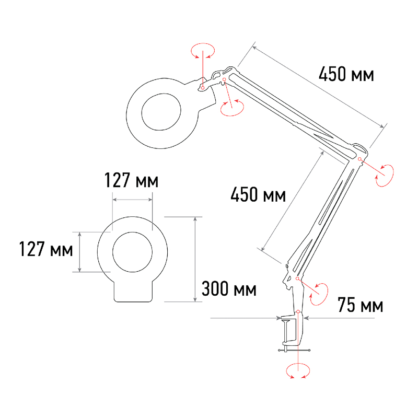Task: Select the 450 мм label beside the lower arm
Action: point(258,194)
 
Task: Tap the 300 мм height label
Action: point(229,289)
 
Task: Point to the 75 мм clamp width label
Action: point(360,305)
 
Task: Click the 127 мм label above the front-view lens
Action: point(131,180)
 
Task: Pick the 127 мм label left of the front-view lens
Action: point(46,249)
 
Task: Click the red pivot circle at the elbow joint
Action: point(359,159)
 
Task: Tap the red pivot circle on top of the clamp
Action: point(298,311)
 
